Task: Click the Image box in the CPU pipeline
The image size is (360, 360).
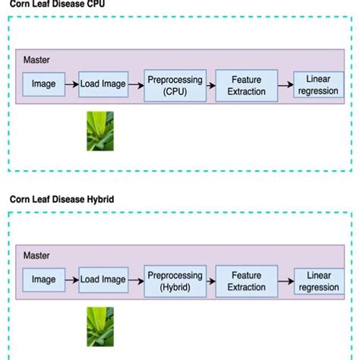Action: tap(43, 84)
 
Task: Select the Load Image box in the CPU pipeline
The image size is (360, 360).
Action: tap(103, 84)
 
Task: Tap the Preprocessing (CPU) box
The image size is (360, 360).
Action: tap(175, 84)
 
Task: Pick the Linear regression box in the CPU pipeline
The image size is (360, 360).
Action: tap(318, 84)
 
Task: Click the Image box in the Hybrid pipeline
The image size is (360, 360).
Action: tap(43, 280)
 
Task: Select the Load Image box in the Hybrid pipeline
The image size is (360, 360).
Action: tap(103, 280)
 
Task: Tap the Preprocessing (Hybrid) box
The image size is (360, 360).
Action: tap(175, 280)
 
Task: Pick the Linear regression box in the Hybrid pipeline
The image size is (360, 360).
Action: tap(318, 280)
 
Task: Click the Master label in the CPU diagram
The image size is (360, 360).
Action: tap(36, 59)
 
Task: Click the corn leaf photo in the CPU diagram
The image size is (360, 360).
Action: tap(99, 131)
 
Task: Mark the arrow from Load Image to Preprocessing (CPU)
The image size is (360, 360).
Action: tap(135, 84)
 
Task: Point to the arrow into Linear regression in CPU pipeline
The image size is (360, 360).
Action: tap(286, 84)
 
